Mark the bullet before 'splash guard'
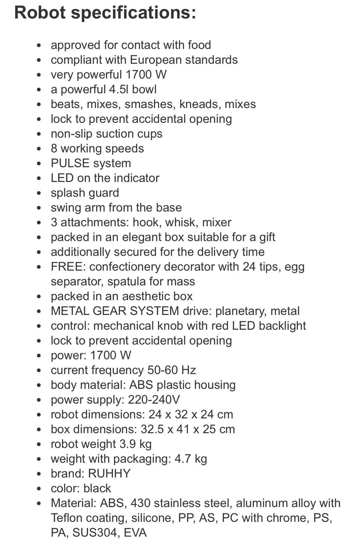tap(39, 193)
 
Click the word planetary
tap(239, 311)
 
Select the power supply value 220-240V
tap(154, 400)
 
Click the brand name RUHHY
tap(109, 474)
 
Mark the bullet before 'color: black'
tap(39, 489)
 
